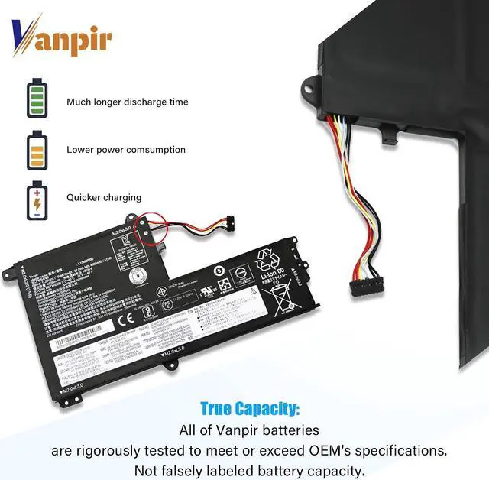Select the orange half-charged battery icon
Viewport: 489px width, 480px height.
(x=37, y=149)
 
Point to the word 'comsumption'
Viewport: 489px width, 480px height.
(x=157, y=150)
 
